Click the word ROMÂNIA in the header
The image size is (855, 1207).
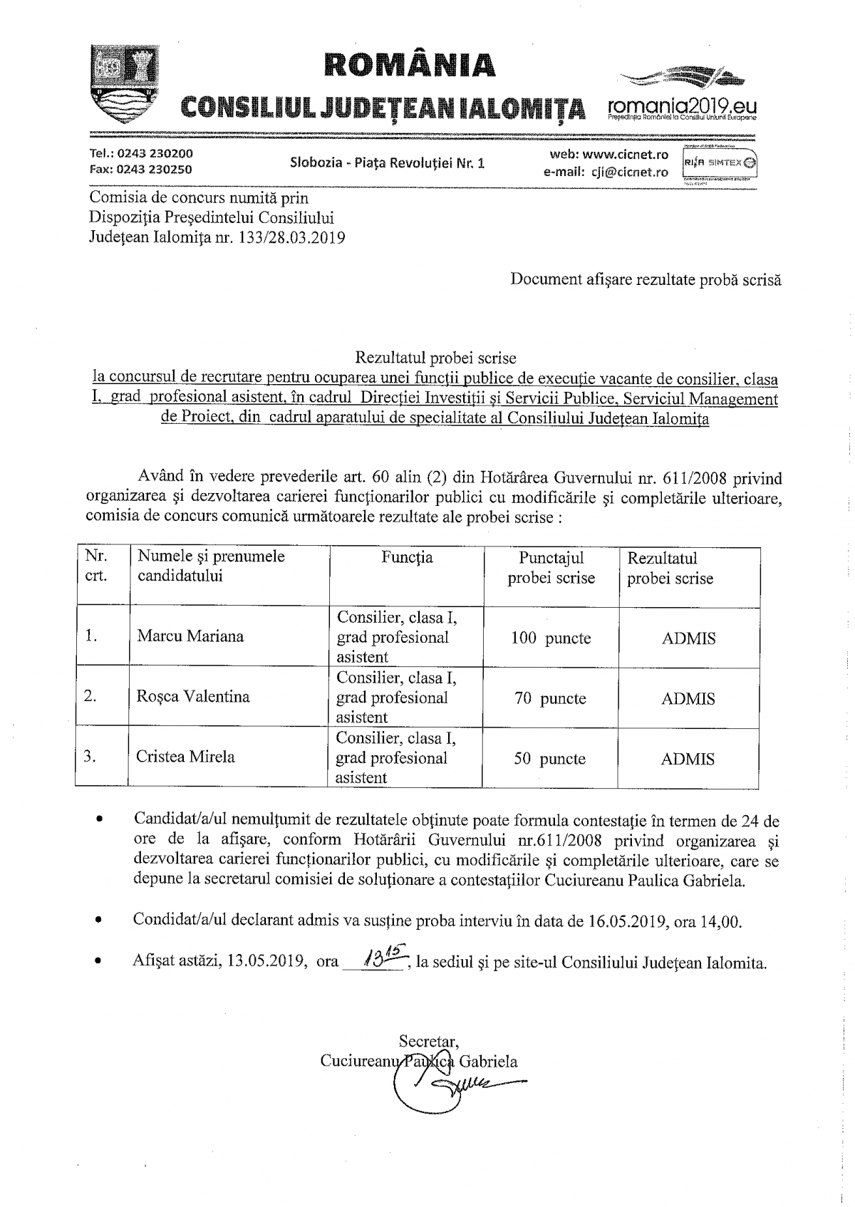pos(410,64)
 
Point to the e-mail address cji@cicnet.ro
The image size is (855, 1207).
pos(628,172)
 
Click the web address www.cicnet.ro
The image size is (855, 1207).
pos(625,154)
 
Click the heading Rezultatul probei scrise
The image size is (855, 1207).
pos(436,358)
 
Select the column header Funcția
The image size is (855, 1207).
pos(407,557)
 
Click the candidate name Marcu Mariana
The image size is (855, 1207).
pos(190,636)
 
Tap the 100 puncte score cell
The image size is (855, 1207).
pos(551,638)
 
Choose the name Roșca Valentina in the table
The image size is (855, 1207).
pos(193,697)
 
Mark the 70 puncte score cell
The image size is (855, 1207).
pos(550,699)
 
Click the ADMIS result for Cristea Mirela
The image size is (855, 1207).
pos(688,759)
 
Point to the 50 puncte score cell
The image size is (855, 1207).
pos(549,759)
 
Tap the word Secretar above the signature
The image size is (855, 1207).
pos(429,1042)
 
